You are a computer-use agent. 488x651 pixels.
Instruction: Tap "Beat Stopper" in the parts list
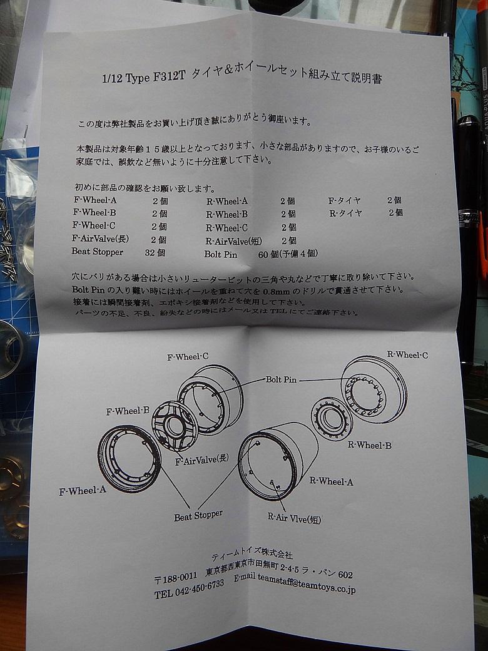tap(98, 252)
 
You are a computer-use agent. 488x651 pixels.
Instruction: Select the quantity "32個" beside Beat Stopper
tap(155, 252)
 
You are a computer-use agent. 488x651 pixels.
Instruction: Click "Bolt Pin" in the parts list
tap(221, 254)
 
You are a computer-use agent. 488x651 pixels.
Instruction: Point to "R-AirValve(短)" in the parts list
tap(233, 241)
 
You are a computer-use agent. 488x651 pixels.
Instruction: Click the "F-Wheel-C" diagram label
tap(188, 357)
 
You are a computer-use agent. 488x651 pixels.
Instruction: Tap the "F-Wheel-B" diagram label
tap(128, 411)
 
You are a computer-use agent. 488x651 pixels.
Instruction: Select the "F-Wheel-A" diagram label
tap(83, 491)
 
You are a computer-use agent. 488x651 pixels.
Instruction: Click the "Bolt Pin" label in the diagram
tap(282, 379)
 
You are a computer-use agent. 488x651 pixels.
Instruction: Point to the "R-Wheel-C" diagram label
tap(407, 354)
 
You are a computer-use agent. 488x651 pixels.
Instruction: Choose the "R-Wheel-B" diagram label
tap(370, 445)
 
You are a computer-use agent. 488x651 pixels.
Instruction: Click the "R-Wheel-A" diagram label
tap(331, 481)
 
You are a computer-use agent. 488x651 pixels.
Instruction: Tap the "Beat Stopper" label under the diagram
tap(198, 516)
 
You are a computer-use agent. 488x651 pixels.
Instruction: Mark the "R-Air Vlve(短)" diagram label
tap(294, 518)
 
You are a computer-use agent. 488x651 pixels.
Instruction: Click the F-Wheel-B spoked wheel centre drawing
tap(175, 426)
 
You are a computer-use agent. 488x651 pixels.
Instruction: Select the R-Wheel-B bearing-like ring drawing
tap(332, 419)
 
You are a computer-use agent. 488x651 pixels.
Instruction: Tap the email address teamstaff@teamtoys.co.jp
tap(307, 583)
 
